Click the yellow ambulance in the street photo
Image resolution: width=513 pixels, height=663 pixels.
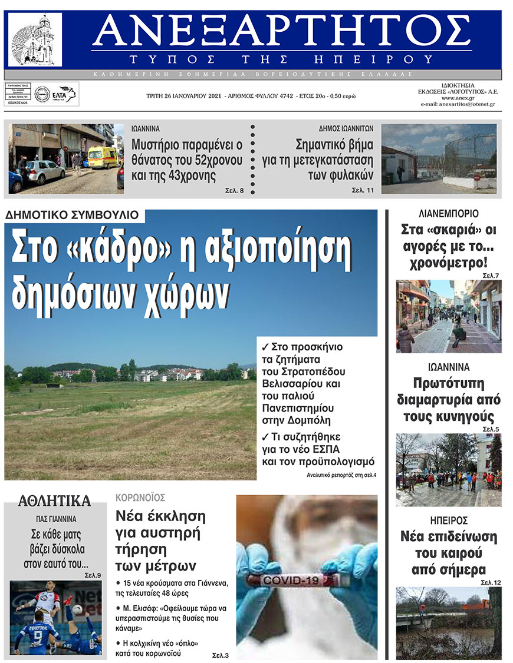[103, 157]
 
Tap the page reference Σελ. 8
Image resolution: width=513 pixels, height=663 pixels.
[235, 191]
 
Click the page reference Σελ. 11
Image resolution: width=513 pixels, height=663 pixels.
[363, 191]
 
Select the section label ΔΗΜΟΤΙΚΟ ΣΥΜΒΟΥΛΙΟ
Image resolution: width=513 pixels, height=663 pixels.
[72, 216]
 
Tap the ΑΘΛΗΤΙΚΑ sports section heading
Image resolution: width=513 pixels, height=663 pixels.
[54, 501]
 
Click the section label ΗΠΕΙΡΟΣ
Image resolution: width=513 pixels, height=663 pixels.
[449, 520]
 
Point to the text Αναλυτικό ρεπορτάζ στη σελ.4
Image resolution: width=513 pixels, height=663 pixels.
[341, 474]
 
